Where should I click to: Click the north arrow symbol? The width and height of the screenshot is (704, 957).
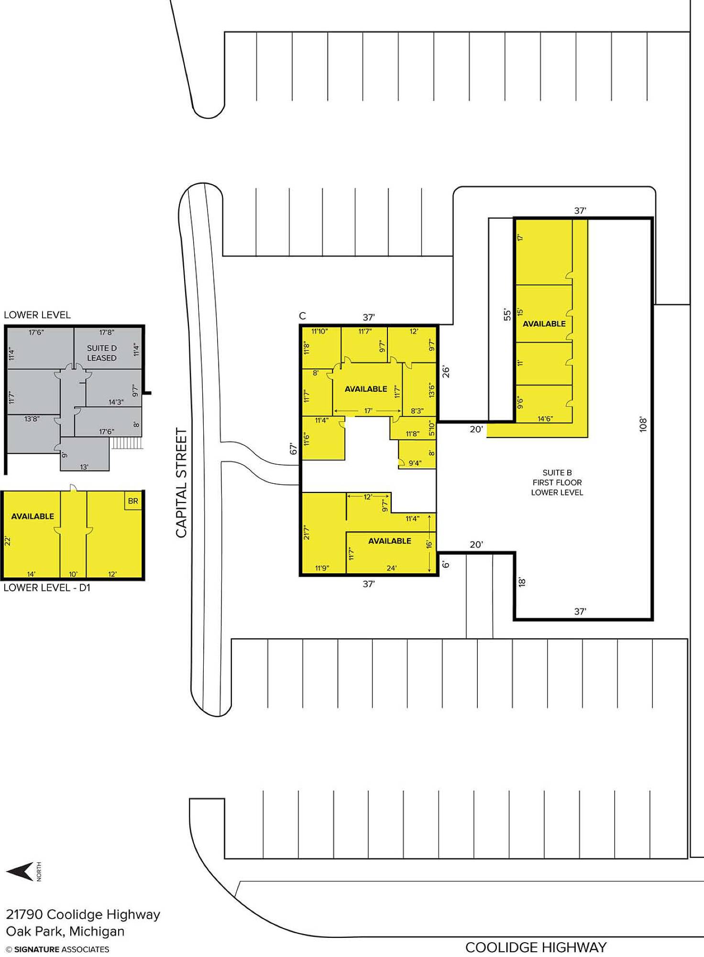click(x=20, y=871)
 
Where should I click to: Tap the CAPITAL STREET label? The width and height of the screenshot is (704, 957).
click(x=181, y=483)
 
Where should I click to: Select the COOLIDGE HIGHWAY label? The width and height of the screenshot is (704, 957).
click(x=536, y=947)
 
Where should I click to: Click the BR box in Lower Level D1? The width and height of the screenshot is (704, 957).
click(x=133, y=501)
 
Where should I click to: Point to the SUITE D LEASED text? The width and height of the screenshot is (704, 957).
click(x=102, y=353)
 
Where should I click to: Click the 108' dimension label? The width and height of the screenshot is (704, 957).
click(x=643, y=424)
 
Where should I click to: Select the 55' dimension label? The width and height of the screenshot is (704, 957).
click(x=507, y=314)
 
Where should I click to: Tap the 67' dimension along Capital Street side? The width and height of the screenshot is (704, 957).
click(x=293, y=449)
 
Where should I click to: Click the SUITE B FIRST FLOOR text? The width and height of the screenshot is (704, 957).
click(x=557, y=478)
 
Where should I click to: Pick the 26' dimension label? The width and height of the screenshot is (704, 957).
click(x=446, y=371)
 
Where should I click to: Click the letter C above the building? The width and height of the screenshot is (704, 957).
click(x=302, y=316)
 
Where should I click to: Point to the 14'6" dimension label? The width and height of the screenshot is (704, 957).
click(x=545, y=419)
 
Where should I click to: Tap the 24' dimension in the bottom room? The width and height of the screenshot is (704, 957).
click(x=391, y=568)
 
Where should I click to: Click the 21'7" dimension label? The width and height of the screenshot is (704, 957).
click(x=307, y=533)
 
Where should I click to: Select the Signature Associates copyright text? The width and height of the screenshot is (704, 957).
click(x=57, y=949)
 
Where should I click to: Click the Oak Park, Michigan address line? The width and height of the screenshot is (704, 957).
click(x=65, y=931)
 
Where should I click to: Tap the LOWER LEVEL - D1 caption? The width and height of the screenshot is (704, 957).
click(x=47, y=588)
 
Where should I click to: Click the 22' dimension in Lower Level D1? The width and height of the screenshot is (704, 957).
click(x=7, y=541)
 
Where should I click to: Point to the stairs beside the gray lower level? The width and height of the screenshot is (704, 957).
click(x=127, y=443)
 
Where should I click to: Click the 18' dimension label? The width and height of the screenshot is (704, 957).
click(x=522, y=582)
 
